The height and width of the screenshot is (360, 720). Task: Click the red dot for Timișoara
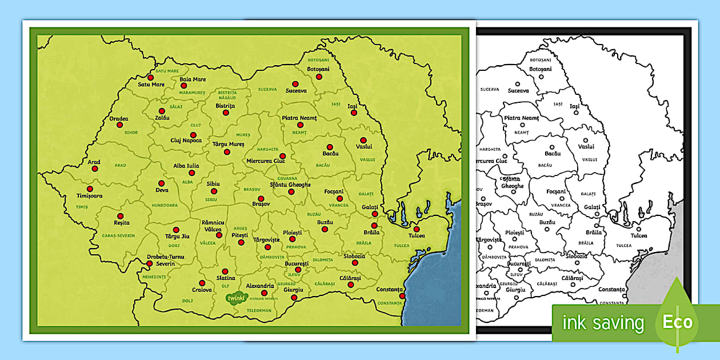pos(89,189)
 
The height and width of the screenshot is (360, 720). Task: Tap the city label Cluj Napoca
pos(186,141)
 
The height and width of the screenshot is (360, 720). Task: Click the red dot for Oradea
pos(119,125)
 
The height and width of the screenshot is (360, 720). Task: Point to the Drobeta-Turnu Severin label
pos(165,260)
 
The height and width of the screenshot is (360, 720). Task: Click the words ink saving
pos(603,323)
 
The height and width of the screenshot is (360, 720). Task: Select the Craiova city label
pos(202,290)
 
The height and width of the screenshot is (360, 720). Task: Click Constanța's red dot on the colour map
pos(402,296)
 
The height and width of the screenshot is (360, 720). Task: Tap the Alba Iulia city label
pos(186,166)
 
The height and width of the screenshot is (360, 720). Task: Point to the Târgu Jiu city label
pos(177,236)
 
